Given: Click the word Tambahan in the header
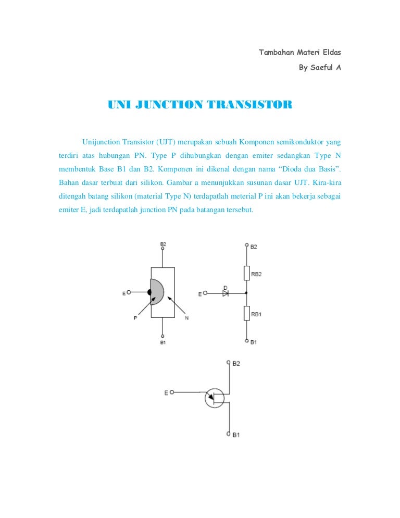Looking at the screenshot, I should tap(276, 53).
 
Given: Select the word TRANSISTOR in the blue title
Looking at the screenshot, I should tap(249, 105).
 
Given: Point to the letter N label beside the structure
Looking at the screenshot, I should tap(186, 319).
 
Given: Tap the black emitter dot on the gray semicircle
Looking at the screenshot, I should tap(149, 292).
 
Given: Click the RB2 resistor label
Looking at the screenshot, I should tap(256, 274).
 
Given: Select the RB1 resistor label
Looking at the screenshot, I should tap(256, 314).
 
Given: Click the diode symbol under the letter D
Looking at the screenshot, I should tap(226, 293).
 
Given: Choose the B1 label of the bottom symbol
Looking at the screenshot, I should tap(236, 435).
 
